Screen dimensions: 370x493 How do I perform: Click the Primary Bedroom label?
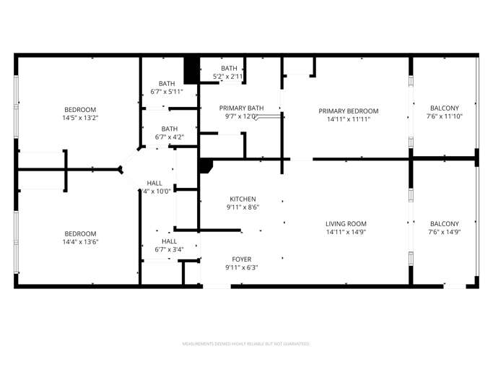pyautogui.click(x=349, y=111)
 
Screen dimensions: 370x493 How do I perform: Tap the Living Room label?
pyautogui.click(x=346, y=223)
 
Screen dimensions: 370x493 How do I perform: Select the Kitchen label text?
pyautogui.click(x=243, y=199)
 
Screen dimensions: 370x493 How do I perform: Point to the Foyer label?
pyautogui.click(x=242, y=259)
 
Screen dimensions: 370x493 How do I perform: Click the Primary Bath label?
pyautogui.click(x=242, y=107)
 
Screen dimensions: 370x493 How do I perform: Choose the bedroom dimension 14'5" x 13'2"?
pyautogui.click(x=79, y=118)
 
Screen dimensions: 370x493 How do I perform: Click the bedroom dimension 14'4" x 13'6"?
pyautogui.click(x=80, y=241)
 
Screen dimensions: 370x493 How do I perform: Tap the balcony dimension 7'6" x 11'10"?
pyautogui.click(x=444, y=116)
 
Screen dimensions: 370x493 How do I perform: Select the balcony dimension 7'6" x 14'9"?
pyautogui.click(x=445, y=232)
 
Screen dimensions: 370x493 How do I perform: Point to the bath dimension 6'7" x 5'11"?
pyautogui.click(x=167, y=92)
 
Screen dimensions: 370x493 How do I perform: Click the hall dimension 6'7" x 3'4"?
pyautogui.click(x=169, y=249)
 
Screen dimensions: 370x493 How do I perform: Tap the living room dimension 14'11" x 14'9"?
pyautogui.click(x=346, y=232)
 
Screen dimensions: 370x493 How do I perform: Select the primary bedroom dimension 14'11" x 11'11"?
pyautogui.click(x=349, y=119)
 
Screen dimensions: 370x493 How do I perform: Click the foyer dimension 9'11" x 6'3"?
pyautogui.click(x=242, y=267)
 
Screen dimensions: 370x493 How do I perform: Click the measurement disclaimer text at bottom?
pyautogui.click(x=246, y=344)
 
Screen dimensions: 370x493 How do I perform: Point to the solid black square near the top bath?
pyautogui.click(x=191, y=70)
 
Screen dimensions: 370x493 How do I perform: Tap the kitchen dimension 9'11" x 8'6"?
pyautogui.click(x=243, y=207)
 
